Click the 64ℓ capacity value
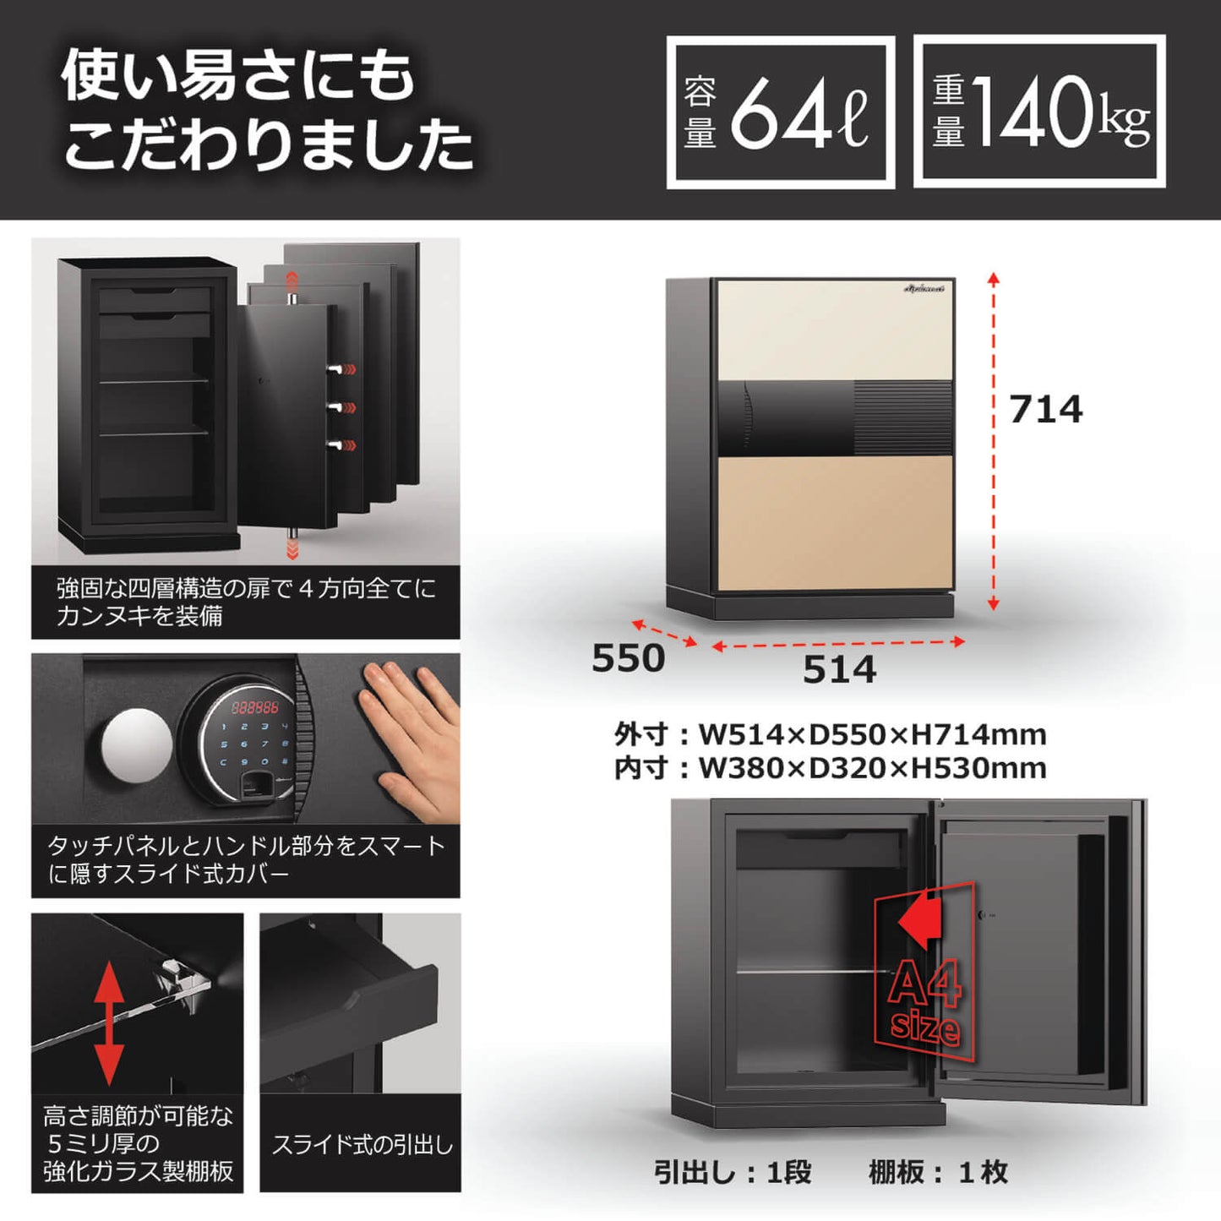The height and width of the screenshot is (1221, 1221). [x=799, y=112]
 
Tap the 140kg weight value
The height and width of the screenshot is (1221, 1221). [x=1061, y=112]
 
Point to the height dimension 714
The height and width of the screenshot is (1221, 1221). [x=1046, y=409]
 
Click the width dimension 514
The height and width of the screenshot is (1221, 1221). [x=840, y=669]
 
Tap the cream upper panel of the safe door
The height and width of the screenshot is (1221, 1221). [x=835, y=330]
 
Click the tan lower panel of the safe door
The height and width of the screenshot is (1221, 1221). [x=835, y=523]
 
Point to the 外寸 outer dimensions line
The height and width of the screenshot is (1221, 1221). [x=830, y=735]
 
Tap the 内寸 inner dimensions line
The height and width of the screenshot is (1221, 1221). [x=830, y=768]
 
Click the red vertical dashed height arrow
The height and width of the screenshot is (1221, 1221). [x=994, y=442]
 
